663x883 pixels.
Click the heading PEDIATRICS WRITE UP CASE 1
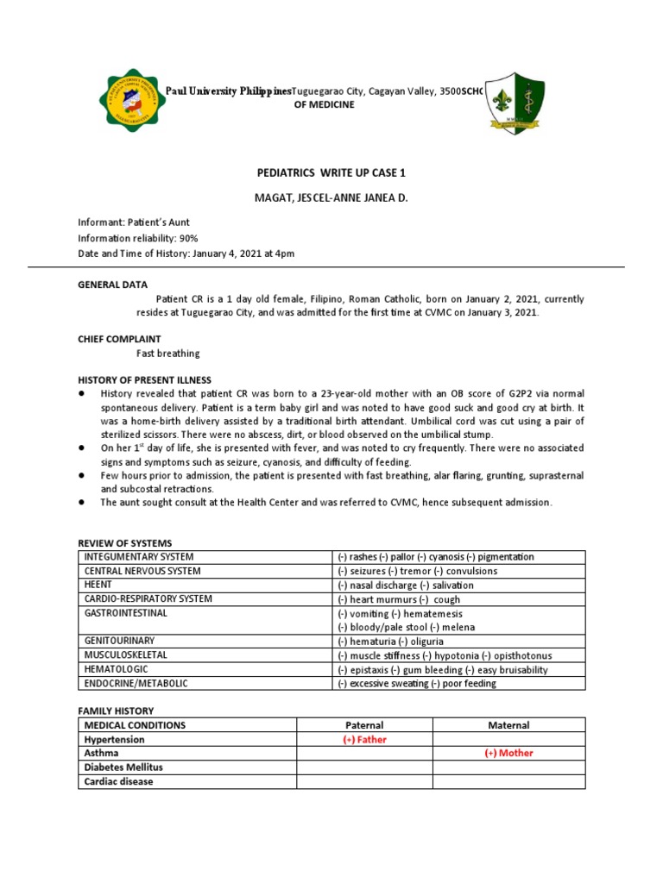pos(331,173)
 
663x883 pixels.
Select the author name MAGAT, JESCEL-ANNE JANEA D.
pos(331,198)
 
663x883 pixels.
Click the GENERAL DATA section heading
pos(113,285)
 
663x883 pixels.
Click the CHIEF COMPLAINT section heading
pos(120,340)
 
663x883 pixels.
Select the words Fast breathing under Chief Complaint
pos(168,354)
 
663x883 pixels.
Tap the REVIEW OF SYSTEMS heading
pos(125,543)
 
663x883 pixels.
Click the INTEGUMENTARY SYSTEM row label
pos(138,557)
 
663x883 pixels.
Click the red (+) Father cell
pos(363,740)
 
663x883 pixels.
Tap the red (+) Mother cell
pos(508,753)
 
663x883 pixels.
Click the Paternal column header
pos(363,725)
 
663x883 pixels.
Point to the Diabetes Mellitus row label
pos(123,767)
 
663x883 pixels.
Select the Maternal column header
pos(508,725)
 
